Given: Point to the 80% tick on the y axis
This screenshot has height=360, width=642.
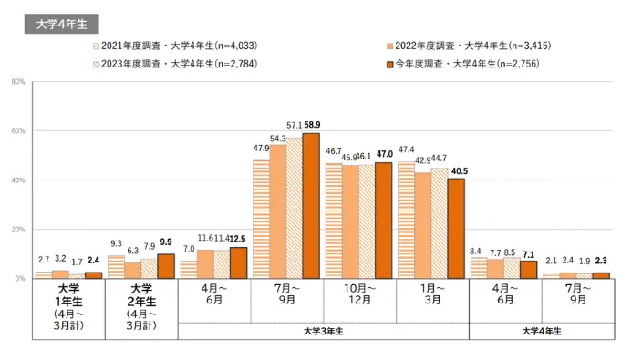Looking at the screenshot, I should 18,82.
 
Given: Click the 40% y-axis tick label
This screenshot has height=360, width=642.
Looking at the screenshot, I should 18,180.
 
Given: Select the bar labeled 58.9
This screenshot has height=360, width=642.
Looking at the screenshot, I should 311,205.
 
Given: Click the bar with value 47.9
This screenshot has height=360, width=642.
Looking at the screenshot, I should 261,219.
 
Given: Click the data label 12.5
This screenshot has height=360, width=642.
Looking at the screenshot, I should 238,238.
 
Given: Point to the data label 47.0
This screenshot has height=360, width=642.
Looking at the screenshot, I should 384,154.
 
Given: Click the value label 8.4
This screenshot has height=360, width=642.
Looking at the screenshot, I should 475,249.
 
